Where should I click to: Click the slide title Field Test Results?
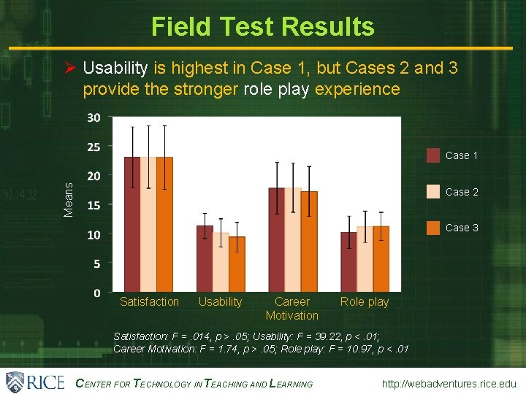click(262, 27)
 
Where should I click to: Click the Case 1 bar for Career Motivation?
click(277, 240)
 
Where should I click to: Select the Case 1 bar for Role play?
click(348, 262)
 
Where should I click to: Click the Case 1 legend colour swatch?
click(434, 155)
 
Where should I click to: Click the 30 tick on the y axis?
click(94, 117)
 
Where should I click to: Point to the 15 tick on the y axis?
click(94, 205)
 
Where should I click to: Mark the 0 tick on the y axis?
click(97, 293)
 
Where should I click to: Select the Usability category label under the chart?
click(220, 302)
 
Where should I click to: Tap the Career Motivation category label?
click(291, 309)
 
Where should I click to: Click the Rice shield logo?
click(15, 382)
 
